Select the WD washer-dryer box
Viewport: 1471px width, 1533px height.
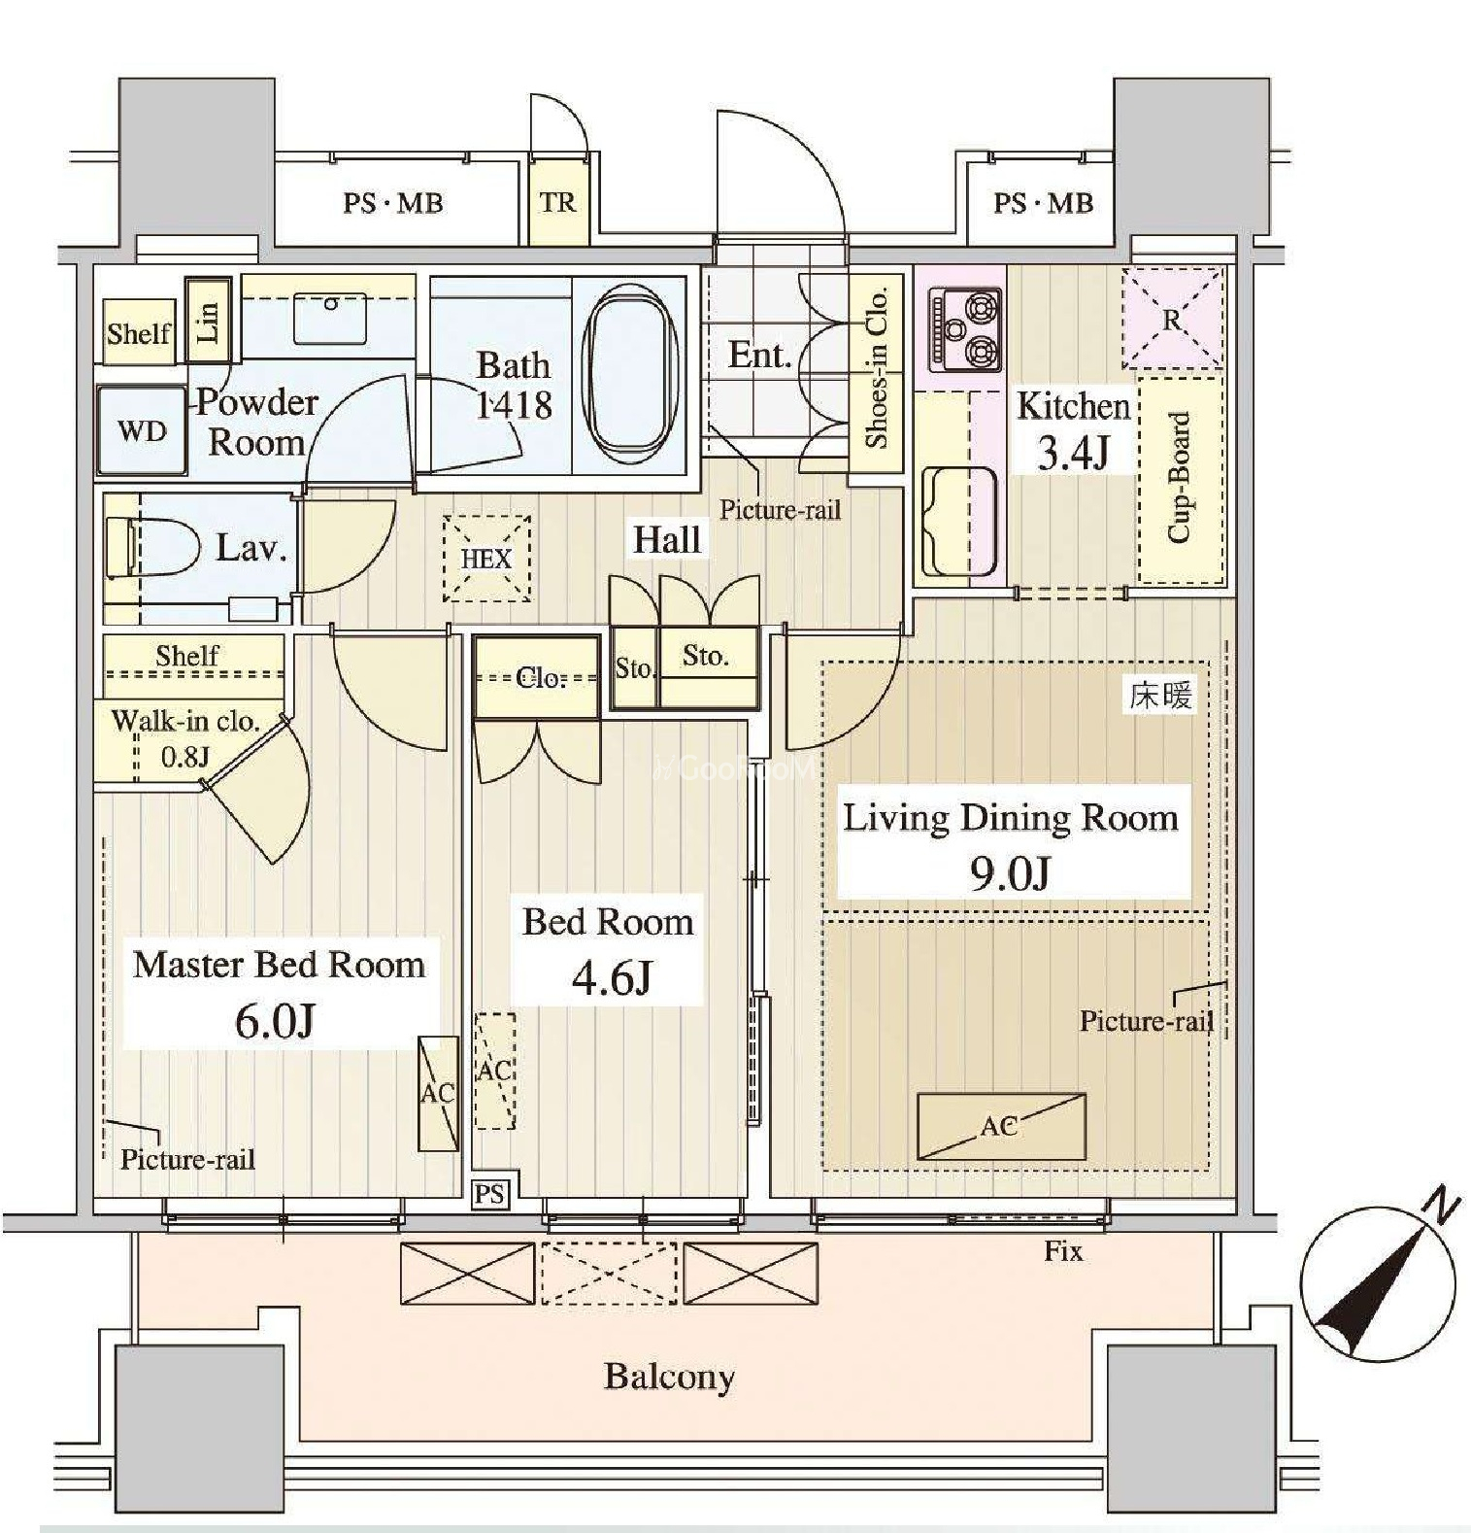point(142,430)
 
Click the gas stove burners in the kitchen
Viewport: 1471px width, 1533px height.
point(966,329)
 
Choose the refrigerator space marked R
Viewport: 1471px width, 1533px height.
point(1173,319)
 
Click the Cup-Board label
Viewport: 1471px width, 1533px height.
point(1178,478)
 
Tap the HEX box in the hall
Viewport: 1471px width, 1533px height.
point(486,559)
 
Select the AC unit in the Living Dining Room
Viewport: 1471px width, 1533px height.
point(1001,1126)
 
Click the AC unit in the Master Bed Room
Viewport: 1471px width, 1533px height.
point(438,1093)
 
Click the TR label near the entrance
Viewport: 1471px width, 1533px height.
point(558,202)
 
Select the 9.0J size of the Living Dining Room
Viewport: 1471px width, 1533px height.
point(1010,873)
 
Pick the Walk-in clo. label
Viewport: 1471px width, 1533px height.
point(185,721)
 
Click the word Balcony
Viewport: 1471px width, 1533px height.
point(669,1377)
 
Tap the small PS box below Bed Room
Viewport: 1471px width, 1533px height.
point(490,1193)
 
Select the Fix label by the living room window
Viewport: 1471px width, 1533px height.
point(1063,1251)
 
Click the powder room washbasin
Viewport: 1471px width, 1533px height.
point(330,317)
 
